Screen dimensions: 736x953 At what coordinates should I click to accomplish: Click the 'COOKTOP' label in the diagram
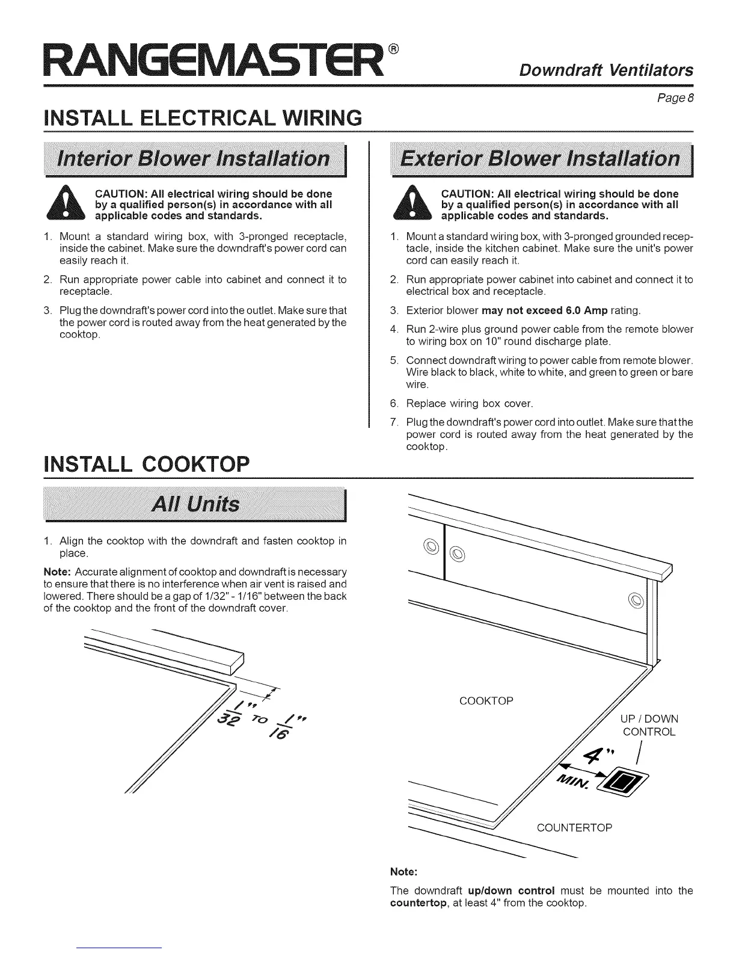[486, 701]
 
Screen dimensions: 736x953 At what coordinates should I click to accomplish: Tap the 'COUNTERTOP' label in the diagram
[574, 828]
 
